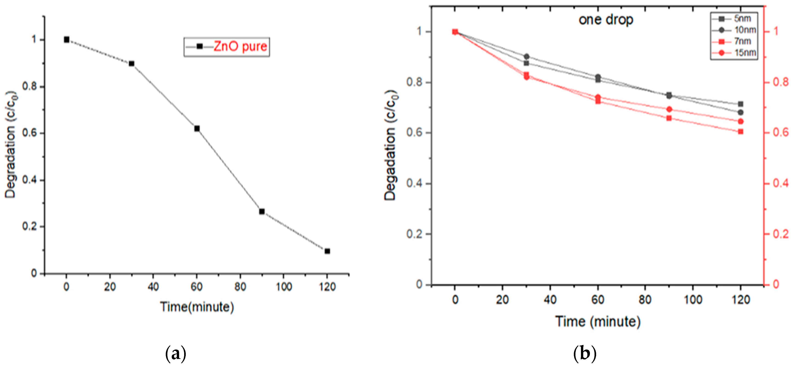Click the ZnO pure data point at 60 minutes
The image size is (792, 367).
pos(197,128)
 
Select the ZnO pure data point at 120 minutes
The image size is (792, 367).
pos(327,251)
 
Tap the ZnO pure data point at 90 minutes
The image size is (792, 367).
pos(262,211)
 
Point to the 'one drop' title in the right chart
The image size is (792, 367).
pos(606,20)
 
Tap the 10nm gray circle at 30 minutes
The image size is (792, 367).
pos(527,56)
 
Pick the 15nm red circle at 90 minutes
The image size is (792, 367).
pos(669,109)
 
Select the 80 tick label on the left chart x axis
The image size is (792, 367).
pos(240,287)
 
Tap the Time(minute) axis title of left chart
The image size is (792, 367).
pos(197,307)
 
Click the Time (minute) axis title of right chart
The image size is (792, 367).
pos(598,322)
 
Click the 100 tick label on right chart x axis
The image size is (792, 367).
pos(693,300)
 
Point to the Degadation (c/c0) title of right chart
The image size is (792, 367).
pos(390,145)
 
